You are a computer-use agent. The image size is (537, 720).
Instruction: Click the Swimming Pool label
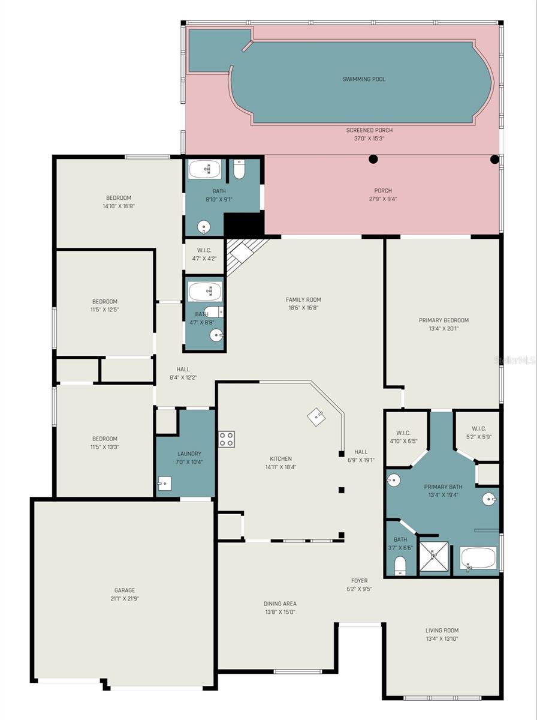[x=364, y=79]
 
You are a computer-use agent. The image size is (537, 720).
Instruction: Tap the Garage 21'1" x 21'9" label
[x=125, y=594]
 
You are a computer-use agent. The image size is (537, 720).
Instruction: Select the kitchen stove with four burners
[x=226, y=439]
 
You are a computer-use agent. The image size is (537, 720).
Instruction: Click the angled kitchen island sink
[x=316, y=418]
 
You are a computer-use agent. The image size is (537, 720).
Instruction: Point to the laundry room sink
[x=164, y=484]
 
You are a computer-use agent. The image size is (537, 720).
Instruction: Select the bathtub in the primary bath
[x=478, y=558]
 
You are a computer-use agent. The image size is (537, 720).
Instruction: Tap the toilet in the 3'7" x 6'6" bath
[x=400, y=565]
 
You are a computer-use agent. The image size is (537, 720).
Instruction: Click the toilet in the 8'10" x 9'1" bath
[x=239, y=169]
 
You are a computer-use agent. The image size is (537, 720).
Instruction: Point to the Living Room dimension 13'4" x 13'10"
[x=442, y=639]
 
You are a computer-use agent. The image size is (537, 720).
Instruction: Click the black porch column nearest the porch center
[x=373, y=159]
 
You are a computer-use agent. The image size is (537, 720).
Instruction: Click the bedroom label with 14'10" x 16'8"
[x=119, y=202]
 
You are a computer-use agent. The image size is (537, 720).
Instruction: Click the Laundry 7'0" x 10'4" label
[x=189, y=458]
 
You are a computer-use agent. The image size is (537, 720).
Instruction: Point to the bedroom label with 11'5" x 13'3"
[x=105, y=442]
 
